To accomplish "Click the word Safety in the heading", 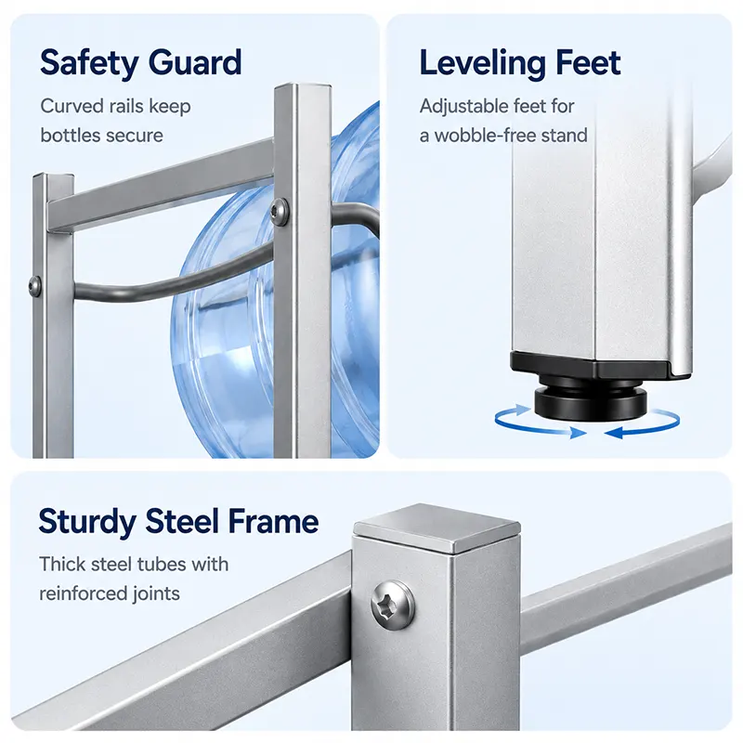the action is tap(89, 62).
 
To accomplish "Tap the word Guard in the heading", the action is tap(195, 62).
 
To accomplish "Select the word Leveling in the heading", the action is tap(483, 63).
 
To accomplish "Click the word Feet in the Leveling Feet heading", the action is tap(588, 62).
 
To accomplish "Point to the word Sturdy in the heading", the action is tap(87, 522).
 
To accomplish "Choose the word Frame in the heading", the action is tap(273, 521).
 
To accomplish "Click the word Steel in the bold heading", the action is tap(182, 521).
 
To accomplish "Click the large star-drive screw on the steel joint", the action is tap(392, 605).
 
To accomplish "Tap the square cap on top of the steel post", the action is tap(437, 528).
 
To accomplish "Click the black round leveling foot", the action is tap(591, 401).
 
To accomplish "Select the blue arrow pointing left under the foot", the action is tap(642, 425).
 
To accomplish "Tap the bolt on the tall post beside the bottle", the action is tap(279, 212).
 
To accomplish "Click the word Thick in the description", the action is tap(60, 564).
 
